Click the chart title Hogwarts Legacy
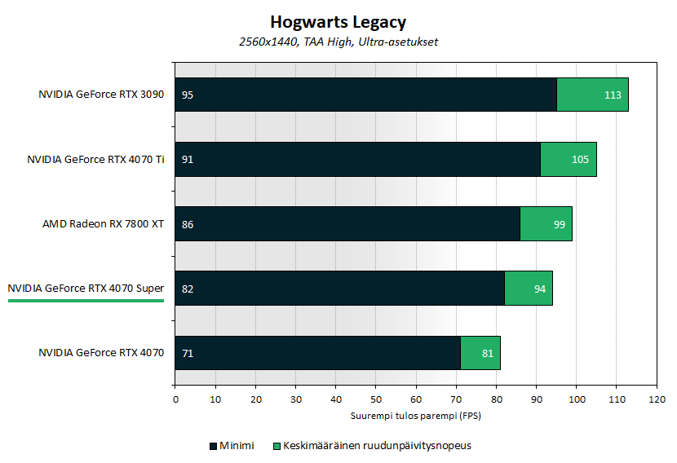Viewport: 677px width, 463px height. click(x=338, y=22)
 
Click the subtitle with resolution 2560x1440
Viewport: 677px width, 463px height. click(x=338, y=42)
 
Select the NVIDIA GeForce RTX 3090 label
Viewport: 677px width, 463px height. click(x=101, y=95)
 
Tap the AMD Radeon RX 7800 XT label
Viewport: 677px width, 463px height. click(x=104, y=224)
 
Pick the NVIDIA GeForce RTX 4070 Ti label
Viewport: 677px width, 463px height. click(x=95, y=160)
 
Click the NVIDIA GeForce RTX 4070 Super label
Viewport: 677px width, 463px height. click(x=86, y=289)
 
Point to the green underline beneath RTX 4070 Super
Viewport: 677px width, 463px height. click(x=86, y=300)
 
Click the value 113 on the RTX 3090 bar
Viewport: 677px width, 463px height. click(x=613, y=95)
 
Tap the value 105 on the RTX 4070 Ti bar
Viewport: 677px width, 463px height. click(x=580, y=160)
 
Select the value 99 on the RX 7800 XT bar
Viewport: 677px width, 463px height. click(x=559, y=224)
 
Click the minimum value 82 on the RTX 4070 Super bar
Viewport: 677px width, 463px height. click(x=188, y=289)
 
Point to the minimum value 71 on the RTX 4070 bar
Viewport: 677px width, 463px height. click(x=188, y=353)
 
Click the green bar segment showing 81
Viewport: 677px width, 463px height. click(x=480, y=353)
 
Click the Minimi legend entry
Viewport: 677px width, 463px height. click(x=232, y=446)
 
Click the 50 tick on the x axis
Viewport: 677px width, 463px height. click(x=376, y=400)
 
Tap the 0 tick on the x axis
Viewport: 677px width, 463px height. click(x=175, y=400)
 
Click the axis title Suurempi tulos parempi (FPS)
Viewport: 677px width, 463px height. click(x=416, y=415)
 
